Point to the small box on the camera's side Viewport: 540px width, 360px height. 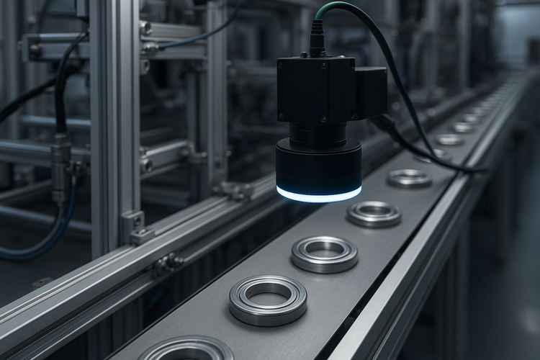tap(372, 92)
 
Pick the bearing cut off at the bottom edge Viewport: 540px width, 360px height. tap(186, 350)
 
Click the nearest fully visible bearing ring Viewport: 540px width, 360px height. tap(268, 300)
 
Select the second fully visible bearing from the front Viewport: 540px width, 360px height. tap(324, 253)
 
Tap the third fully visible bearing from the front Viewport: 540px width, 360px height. tap(374, 213)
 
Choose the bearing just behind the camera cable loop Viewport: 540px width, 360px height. tap(410, 178)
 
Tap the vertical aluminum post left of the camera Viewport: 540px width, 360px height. tap(115, 108)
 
